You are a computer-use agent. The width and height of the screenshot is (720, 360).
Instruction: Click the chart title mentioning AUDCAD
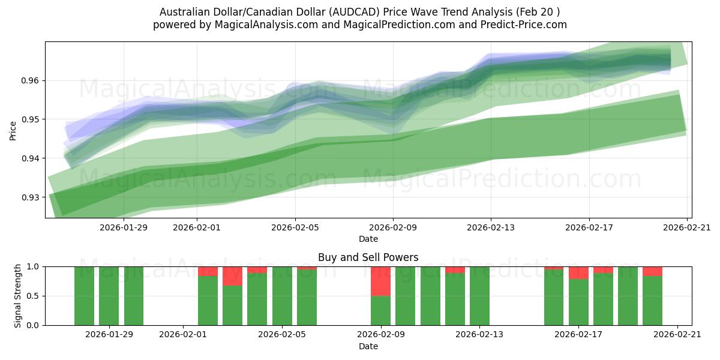(360, 12)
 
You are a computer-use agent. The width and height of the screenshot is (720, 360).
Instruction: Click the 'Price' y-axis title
(13, 130)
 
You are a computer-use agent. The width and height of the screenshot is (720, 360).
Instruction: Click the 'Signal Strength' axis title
(18, 296)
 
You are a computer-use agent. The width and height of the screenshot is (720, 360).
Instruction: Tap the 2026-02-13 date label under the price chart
(491, 227)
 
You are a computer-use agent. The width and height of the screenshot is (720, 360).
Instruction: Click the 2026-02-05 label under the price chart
(295, 227)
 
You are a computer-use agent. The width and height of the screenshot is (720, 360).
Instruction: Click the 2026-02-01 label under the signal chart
(184, 335)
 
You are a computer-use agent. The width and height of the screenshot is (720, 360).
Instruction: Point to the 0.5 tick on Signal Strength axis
(33, 296)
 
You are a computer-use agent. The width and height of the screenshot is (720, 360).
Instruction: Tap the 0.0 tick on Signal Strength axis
(33, 325)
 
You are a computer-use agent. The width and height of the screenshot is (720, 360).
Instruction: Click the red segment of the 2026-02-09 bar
(380, 281)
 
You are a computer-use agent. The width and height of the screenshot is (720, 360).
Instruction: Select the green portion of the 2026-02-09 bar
(380, 311)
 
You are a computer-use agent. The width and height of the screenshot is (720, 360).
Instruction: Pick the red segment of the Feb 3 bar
(232, 276)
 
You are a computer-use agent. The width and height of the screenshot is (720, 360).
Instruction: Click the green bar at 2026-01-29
(109, 296)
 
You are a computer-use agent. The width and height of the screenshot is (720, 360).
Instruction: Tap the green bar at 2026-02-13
(479, 296)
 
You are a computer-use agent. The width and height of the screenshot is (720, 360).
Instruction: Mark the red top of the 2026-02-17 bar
(578, 272)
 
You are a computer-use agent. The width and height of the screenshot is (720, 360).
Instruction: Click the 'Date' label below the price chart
(368, 239)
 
